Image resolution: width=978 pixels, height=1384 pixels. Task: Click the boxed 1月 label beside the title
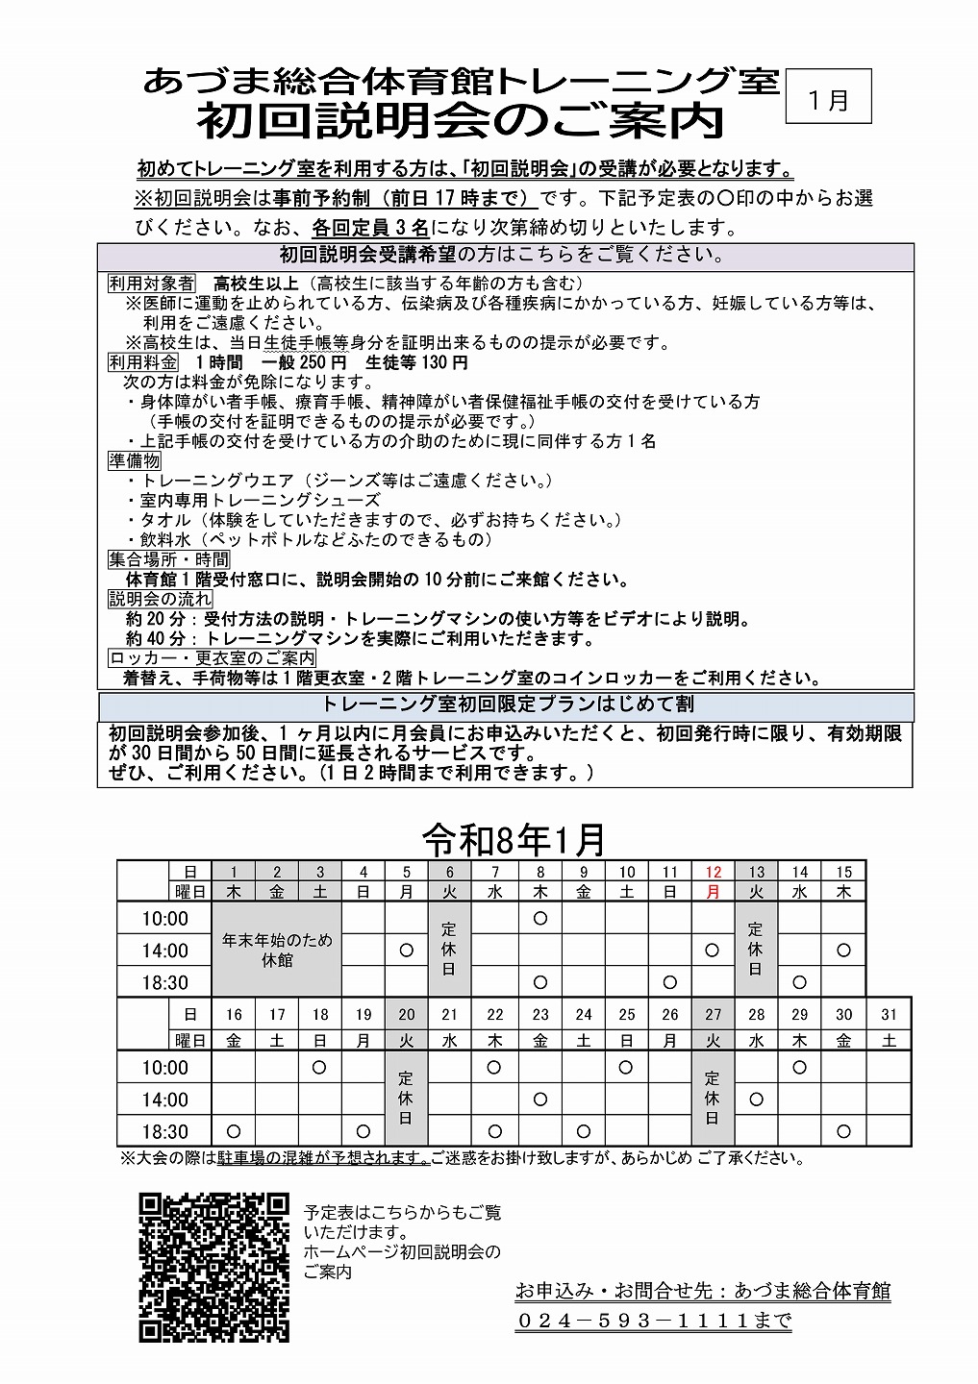[828, 97]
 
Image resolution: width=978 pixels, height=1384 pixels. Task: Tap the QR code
[213, 1267]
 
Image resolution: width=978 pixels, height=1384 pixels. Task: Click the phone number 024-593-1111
[653, 1321]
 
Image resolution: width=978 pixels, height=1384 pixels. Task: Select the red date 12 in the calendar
[713, 872]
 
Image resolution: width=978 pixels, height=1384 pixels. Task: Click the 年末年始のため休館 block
[277, 950]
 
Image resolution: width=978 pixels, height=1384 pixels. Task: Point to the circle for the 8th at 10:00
[540, 918]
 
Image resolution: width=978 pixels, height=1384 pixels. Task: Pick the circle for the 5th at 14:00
[406, 951]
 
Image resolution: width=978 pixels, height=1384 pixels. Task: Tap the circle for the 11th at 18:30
[669, 982]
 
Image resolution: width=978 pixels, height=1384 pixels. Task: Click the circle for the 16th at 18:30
[234, 1131]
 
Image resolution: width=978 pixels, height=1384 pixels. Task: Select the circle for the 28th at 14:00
[756, 1100]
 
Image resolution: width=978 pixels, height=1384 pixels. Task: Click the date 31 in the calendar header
[889, 1014]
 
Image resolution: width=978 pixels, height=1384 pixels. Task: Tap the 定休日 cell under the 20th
[406, 1099]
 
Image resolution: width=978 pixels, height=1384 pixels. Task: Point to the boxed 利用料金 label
[143, 362]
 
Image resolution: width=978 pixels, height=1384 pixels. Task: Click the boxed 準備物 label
[135, 460]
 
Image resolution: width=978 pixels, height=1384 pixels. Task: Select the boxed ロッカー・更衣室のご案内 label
[213, 658]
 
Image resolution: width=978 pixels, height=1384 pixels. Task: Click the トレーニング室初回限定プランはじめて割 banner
[507, 704]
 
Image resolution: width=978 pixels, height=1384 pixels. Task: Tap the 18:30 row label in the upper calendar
[164, 982]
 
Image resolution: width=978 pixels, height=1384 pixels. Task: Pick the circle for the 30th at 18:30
[843, 1131]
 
